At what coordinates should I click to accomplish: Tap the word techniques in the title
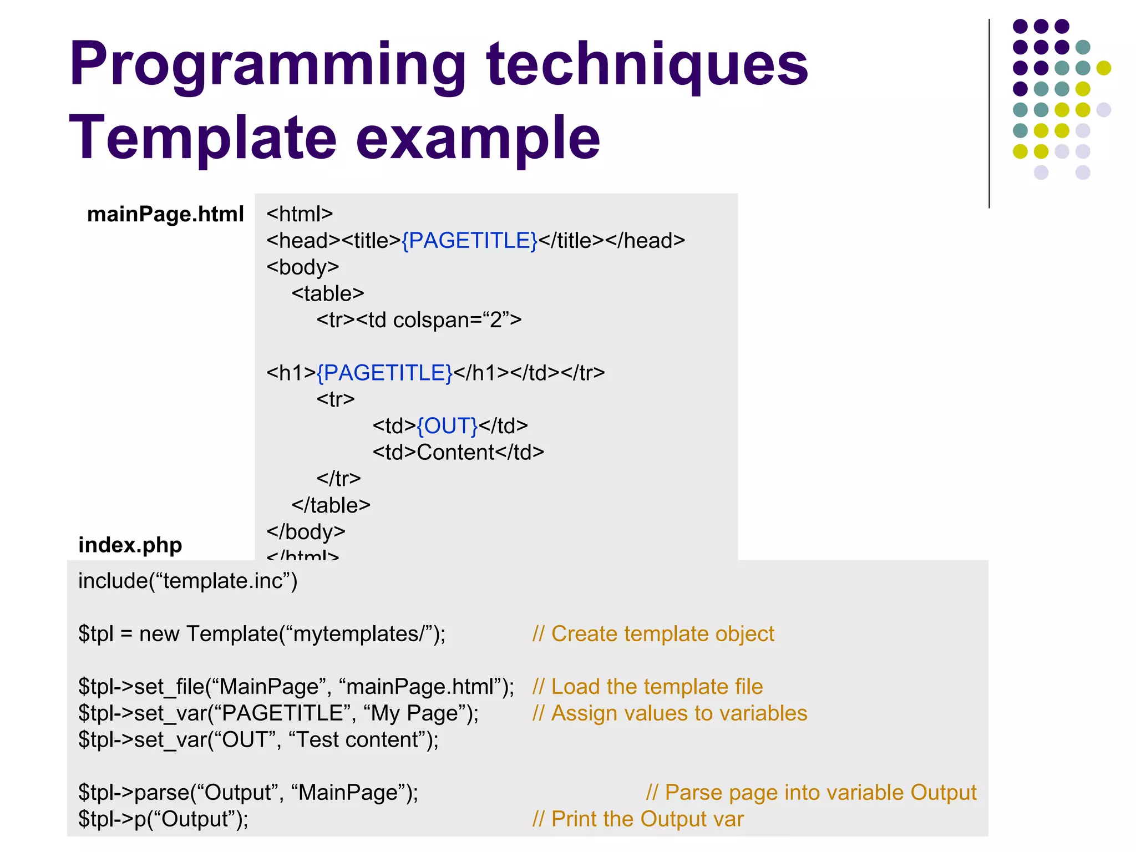pos(647,65)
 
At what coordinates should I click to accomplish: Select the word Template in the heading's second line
pos(202,138)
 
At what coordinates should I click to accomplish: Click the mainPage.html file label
pos(165,214)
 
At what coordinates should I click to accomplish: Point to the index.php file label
pos(130,545)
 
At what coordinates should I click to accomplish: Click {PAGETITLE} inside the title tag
pos(469,241)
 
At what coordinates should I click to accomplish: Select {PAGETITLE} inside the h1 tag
pos(384,373)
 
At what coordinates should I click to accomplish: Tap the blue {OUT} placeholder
pos(447,426)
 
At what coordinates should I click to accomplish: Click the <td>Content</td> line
pos(458,452)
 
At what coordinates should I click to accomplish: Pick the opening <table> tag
pos(328,293)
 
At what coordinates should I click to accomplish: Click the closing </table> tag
pos(331,505)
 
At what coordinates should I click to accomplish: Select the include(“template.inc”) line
pos(187,581)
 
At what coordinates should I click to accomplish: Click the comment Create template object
pos(653,633)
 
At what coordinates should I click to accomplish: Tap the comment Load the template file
pos(648,687)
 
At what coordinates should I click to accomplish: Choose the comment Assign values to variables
pos(670,713)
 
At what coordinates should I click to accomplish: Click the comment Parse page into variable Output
pos(812,793)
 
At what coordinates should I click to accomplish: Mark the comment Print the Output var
pos(638,819)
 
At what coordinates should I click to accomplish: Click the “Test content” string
pos(358,740)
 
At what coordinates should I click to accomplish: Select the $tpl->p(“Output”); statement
pos(163,819)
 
